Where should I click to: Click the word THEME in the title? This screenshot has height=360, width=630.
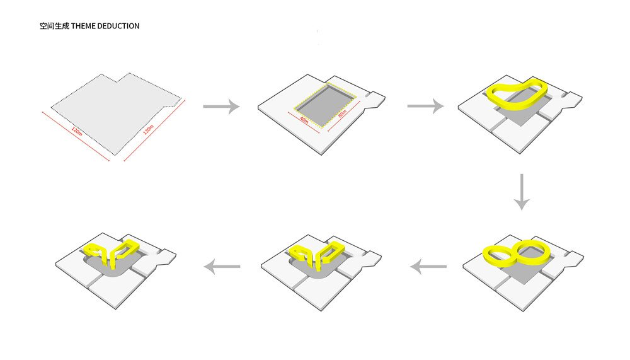pyautogui.click(x=83, y=26)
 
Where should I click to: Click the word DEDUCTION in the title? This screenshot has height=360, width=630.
pyautogui.click(x=118, y=26)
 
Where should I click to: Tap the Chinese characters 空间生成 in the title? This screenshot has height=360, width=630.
pyautogui.click(x=54, y=26)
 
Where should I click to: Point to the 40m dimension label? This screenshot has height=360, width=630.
pyautogui.click(x=304, y=120)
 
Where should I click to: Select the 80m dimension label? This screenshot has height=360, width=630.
pyautogui.click(x=342, y=114)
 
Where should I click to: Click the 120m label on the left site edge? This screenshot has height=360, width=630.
pyautogui.click(x=77, y=131)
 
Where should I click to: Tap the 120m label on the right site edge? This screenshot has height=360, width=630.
pyautogui.click(x=148, y=130)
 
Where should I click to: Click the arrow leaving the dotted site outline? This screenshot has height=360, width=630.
pyautogui.click(x=221, y=106)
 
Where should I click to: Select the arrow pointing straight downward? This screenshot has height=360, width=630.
pyautogui.click(x=522, y=192)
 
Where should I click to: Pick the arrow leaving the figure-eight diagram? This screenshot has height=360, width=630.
pyautogui.click(x=428, y=266)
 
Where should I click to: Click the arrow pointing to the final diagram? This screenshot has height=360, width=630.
pyautogui.click(x=222, y=266)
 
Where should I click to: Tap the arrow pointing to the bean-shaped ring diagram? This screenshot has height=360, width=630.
pyautogui.click(x=425, y=106)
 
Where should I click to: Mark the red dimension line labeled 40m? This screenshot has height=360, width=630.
pyautogui.click(x=304, y=123)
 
